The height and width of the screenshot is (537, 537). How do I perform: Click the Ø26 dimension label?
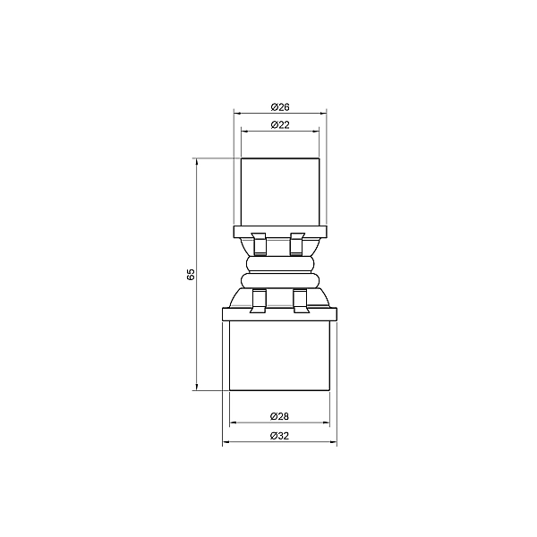[x=280, y=107]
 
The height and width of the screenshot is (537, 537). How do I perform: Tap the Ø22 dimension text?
[x=280, y=125]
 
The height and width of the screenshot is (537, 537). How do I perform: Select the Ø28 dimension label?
[x=279, y=416]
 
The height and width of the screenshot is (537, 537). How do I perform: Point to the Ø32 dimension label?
[x=279, y=436]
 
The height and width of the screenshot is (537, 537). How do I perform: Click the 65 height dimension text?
[x=191, y=275]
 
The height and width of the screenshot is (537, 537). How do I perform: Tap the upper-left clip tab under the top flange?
[x=259, y=243]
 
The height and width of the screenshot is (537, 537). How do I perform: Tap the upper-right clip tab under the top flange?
[x=297, y=243]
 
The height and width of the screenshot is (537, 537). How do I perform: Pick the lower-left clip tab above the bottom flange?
[x=259, y=301]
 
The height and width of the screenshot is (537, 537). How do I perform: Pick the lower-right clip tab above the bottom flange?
[x=301, y=301]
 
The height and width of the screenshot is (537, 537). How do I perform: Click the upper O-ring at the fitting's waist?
[x=280, y=264]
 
